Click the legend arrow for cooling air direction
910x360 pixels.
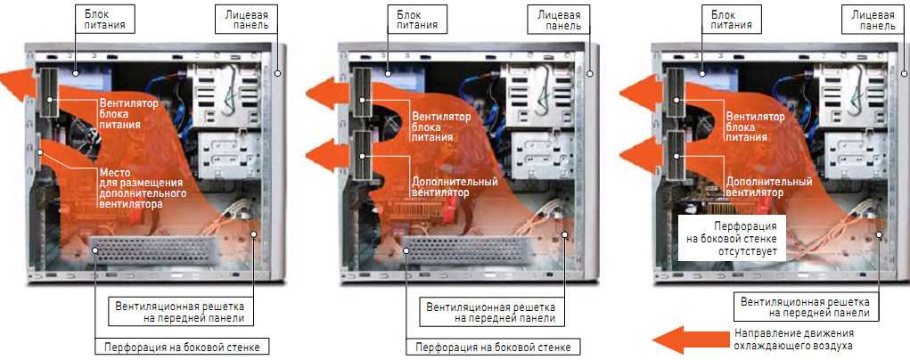(x=690, y=340)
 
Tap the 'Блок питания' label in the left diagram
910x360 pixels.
(x=105, y=20)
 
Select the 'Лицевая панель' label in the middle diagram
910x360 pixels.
(x=559, y=20)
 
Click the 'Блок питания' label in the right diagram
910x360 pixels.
(x=731, y=20)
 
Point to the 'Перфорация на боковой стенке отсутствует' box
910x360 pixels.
(x=731, y=237)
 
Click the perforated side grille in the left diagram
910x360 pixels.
(x=152, y=250)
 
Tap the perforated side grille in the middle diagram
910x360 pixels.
(x=463, y=250)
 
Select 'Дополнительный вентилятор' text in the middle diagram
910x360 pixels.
(x=455, y=187)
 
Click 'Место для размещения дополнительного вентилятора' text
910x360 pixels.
(x=143, y=189)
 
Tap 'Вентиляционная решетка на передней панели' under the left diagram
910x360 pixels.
(x=179, y=312)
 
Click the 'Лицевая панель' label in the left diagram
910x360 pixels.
(x=247, y=20)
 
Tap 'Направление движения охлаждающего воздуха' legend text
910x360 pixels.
(x=793, y=340)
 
